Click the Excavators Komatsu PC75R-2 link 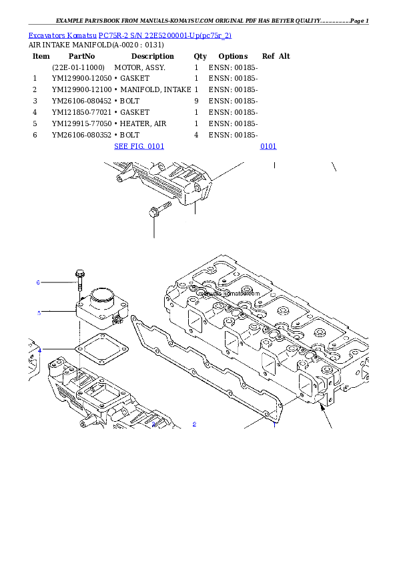[x=129, y=35]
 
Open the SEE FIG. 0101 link [x=139, y=146]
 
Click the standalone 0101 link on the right [x=268, y=146]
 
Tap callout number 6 [x=38, y=282]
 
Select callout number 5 [x=39, y=312]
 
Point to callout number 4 [x=39, y=350]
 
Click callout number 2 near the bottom [x=194, y=424]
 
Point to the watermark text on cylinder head [x=228, y=292]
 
